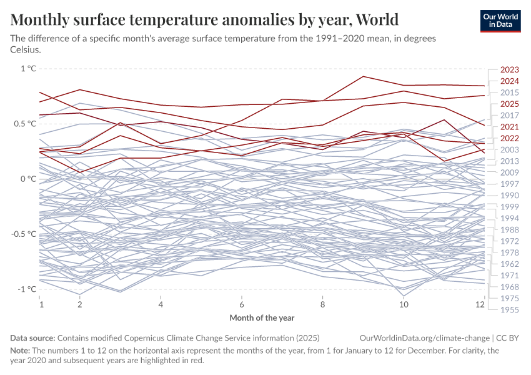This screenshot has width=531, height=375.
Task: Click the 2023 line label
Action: coord(510,70)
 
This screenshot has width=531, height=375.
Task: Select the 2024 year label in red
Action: coord(510,81)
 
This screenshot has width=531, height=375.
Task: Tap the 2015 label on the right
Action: coord(510,92)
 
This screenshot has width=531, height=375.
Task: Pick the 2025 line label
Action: coord(510,104)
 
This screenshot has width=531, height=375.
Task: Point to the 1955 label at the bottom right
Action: coord(510,309)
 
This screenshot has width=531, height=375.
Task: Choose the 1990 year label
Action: coord(510,196)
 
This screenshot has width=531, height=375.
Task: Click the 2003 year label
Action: coord(510,150)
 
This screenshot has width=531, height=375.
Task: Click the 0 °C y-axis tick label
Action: coord(29,179)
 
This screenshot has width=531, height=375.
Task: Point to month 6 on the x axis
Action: coord(241,304)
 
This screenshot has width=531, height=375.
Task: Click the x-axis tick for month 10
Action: coord(404,304)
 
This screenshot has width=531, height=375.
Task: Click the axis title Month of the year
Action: coord(262,317)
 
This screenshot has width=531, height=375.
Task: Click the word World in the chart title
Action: coord(377,19)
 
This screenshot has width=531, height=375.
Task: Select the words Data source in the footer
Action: coord(32,337)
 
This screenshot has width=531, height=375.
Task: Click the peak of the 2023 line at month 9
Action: coord(364,76)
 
